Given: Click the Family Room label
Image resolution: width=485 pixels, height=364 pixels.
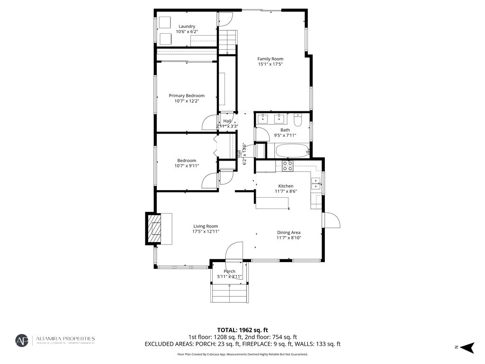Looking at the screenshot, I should tap(270, 59).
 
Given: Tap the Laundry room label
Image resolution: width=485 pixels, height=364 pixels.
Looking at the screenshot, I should tap(187, 27).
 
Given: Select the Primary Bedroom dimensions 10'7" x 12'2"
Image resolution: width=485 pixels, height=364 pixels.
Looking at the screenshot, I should tap(187, 101).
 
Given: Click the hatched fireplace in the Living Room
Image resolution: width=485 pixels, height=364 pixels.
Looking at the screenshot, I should tap(153, 228).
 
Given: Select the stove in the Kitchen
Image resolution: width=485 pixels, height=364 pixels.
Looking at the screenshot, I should tap(287, 165).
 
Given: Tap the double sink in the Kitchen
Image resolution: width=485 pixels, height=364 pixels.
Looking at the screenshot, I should tap(315, 184).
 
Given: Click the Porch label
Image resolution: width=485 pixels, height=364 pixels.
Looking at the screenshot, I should tap(229, 271).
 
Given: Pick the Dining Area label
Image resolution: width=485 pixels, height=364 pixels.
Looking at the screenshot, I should tap(288, 232).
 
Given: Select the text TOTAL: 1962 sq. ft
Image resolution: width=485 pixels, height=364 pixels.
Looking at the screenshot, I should tap(242, 330).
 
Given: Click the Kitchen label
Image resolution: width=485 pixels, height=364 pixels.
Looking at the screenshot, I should tap(286, 186).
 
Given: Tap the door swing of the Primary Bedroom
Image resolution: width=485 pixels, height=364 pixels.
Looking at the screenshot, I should tap(209, 123).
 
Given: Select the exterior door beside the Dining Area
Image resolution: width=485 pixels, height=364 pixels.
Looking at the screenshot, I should tap(332, 220).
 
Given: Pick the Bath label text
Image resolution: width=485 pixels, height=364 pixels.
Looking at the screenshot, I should tap(285, 130).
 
